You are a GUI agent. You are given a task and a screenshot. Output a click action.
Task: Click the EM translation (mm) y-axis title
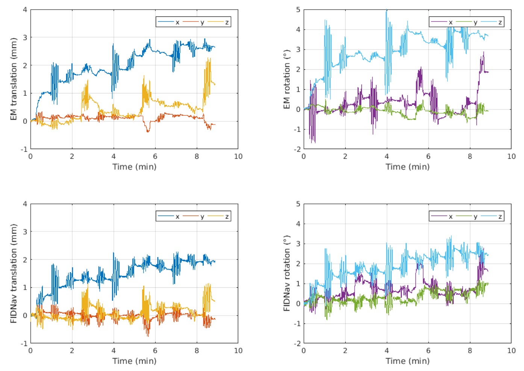[x=14, y=79]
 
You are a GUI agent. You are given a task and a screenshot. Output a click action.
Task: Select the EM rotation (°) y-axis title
[x=287, y=79]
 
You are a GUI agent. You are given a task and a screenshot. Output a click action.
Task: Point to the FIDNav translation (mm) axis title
[x=14, y=273]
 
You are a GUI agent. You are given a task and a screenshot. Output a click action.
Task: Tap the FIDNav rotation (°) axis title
[x=287, y=273]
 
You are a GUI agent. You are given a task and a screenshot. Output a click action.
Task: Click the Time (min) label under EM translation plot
[x=134, y=167]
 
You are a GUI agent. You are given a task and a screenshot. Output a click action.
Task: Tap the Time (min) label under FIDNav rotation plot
[x=407, y=361]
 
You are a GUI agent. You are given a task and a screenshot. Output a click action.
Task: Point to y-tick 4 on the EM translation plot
[x=25, y=10]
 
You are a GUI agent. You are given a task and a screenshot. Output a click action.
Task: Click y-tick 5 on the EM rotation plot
[x=298, y=10]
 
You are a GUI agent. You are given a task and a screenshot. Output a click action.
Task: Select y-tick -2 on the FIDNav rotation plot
[x=297, y=344]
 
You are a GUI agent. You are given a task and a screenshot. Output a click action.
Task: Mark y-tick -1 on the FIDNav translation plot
[x=24, y=344]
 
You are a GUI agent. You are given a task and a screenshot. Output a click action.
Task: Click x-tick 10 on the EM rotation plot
[x=511, y=156]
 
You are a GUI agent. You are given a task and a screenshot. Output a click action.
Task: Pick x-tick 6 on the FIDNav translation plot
[x=155, y=351]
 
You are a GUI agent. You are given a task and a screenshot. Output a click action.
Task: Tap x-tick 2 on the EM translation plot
[x=72, y=156]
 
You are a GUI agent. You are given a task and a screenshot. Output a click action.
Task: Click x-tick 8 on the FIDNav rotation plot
[x=469, y=351]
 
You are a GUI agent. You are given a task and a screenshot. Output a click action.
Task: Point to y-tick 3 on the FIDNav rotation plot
[x=298, y=244]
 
